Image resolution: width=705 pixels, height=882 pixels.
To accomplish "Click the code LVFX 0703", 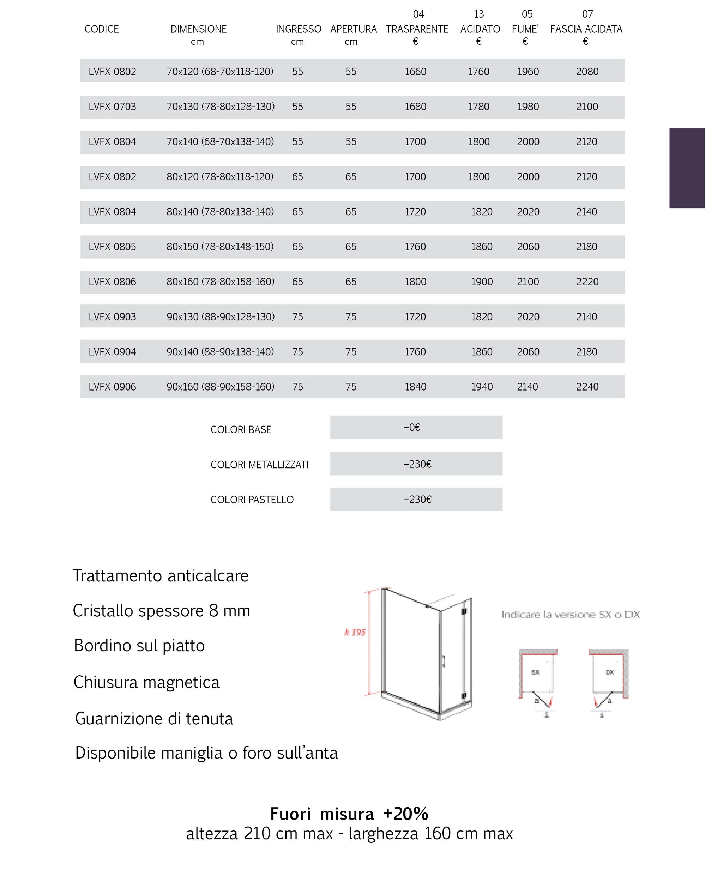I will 112,107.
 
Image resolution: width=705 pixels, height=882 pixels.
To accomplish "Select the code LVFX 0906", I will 112,387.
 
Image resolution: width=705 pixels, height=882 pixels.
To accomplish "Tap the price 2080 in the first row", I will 587,72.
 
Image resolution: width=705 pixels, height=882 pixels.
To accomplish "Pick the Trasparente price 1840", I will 415,387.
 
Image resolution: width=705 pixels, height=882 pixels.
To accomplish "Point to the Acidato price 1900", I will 482,282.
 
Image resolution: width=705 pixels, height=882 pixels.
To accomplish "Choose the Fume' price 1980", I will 528,107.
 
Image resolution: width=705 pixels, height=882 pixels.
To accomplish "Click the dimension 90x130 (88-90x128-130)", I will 220,316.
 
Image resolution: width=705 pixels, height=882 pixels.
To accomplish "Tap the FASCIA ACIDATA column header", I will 586,29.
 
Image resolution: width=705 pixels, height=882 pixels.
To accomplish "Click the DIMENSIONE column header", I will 198,29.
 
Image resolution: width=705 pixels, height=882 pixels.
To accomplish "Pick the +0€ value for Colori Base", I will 412,428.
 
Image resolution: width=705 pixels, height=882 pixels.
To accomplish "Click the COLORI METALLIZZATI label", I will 259,465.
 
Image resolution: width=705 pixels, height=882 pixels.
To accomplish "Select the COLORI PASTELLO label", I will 252,500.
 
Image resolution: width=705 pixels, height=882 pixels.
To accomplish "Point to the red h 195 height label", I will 354,632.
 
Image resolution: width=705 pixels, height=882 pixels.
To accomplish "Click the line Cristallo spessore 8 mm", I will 161,611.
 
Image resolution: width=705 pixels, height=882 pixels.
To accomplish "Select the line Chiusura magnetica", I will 146,682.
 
